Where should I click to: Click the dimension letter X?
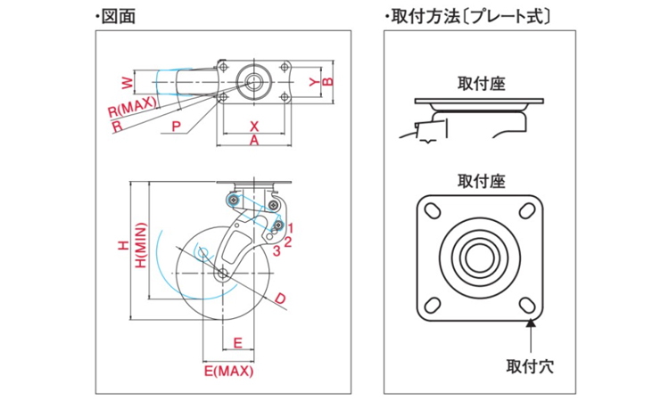253,126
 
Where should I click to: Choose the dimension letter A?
253,141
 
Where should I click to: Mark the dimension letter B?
327,82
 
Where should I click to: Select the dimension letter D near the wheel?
280,298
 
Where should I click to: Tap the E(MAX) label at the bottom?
229,370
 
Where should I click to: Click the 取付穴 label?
530,365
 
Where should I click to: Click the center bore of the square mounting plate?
481,253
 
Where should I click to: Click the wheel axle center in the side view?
222,273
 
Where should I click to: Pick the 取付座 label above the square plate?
481,181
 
